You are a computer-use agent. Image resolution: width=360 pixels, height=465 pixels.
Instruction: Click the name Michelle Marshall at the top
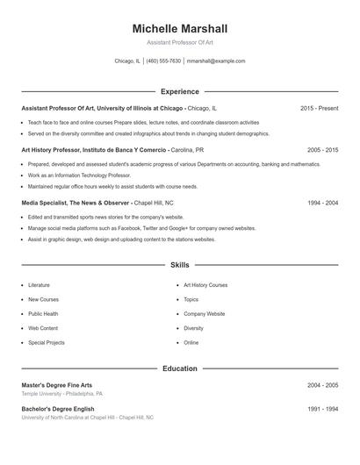pos(179,29)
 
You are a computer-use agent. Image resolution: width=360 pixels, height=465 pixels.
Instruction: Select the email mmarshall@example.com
pos(216,61)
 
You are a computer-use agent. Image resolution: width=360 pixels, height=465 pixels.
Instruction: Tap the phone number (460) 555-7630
pos(164,61)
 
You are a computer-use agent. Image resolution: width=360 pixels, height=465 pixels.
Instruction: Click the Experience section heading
pos(179,91)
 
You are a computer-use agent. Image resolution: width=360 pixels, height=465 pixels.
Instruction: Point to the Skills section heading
pos(179,264)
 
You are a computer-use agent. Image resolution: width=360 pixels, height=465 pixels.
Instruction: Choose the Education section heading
pos(179,368)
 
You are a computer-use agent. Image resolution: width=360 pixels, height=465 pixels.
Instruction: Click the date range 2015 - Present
pos(319,108)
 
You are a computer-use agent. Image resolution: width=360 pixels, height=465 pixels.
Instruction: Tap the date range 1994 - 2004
pos(322,203)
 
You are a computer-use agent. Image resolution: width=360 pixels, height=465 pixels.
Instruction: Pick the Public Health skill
pos(43,313)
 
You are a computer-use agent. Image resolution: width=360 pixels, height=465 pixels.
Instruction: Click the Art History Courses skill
pos(205,285)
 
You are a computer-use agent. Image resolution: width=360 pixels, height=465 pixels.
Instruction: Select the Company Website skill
pos(204,313)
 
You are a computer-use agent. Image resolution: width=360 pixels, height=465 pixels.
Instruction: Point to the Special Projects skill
pos(47,342)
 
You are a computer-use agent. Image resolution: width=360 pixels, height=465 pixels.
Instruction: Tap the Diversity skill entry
pos(193,328)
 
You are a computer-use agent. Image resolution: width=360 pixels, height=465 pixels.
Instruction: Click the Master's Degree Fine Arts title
pos(57,385)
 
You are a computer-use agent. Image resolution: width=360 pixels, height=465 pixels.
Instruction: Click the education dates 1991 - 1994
pos(322,409)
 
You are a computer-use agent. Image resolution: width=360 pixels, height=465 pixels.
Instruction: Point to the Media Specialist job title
pos(76,203)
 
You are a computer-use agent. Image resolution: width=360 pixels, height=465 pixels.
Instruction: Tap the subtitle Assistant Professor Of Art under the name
pos(179,43)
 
